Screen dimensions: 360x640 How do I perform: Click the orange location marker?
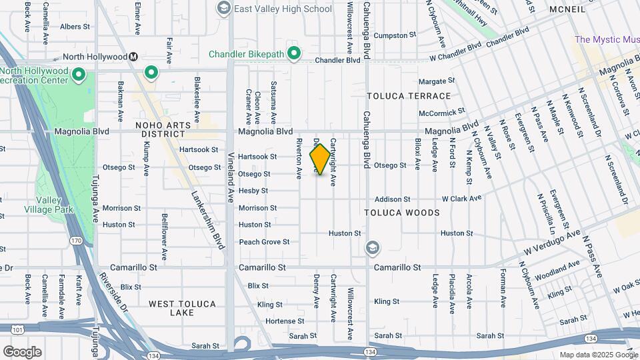pyautogui.click(x=320, y=159)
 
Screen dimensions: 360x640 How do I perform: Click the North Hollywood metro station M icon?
pyautogui.click(x=134, y=57)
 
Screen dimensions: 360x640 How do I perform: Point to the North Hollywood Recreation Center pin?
pyautogui.click(x=79, y=74)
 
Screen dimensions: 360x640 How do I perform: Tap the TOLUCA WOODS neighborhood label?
pyautogui.click(x=402, y=213)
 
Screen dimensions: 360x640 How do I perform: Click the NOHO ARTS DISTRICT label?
pyautogui.click(x=163, y=129)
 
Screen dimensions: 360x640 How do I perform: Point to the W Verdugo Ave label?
pyautogui.click(x=551, y=245)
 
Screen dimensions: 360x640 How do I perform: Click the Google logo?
pyautogui.click(x=22, y=351)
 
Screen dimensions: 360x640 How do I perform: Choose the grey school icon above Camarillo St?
pyautogui.click(x=372, y=249)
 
